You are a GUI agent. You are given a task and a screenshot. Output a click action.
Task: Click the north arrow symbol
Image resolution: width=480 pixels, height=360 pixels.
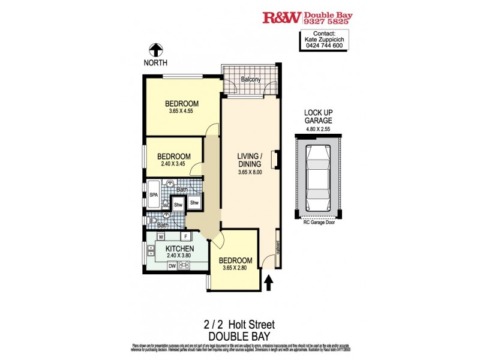coord(155,50)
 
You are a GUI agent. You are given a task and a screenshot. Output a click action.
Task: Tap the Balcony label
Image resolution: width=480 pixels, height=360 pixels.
coord(251,79)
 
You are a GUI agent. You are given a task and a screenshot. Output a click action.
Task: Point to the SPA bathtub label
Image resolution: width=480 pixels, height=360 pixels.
coord(153,195)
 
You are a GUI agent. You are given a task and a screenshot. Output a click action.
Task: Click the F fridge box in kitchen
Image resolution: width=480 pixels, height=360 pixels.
coord(185,237)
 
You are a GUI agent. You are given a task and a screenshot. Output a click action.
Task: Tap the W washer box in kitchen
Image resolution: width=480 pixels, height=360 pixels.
coord(161,237)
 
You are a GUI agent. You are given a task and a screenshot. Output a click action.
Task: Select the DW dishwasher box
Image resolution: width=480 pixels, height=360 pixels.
coord(172,266)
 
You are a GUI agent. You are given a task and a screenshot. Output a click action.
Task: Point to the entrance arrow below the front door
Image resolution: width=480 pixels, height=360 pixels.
coord(268,281)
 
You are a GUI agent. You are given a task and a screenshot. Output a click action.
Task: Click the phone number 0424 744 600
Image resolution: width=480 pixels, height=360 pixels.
coord(324,46)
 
